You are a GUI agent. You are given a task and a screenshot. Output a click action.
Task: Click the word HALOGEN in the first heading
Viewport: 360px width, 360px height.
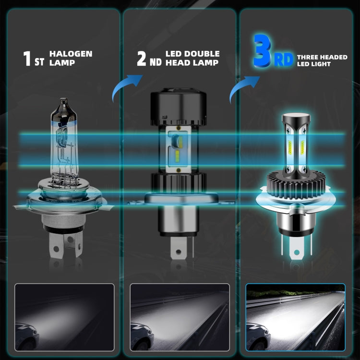pos(71,54)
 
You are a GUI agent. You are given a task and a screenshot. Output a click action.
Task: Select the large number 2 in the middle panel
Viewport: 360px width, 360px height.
pos(141,59)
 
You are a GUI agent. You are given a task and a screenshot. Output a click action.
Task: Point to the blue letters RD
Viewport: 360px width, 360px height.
pos(283,60)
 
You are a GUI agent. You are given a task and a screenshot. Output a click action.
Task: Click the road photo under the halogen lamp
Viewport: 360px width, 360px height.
pos(64,311)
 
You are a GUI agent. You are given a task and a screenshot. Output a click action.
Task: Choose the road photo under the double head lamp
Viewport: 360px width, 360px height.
pos(180,311)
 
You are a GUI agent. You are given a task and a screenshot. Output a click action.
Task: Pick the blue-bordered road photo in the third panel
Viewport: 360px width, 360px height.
pos(295,311)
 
